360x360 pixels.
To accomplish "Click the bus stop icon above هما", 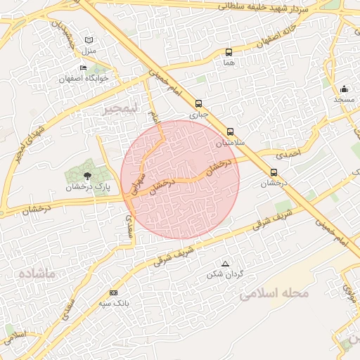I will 229,52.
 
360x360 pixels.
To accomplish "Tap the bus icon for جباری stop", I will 198,102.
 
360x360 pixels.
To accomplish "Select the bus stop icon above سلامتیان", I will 230,131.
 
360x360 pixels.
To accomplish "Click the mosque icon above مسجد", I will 344,89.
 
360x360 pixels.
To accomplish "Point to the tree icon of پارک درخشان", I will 87,176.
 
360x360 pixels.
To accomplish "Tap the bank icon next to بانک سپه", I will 113,293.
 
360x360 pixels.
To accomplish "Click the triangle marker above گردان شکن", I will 225,264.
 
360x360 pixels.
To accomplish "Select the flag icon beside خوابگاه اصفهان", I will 83,68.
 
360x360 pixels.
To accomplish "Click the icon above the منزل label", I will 88,40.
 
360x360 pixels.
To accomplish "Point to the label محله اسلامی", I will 274,292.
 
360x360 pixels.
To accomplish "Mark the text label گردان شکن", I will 225,274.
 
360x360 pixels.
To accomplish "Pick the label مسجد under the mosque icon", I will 344,101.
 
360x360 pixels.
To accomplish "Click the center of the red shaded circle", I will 180,179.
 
